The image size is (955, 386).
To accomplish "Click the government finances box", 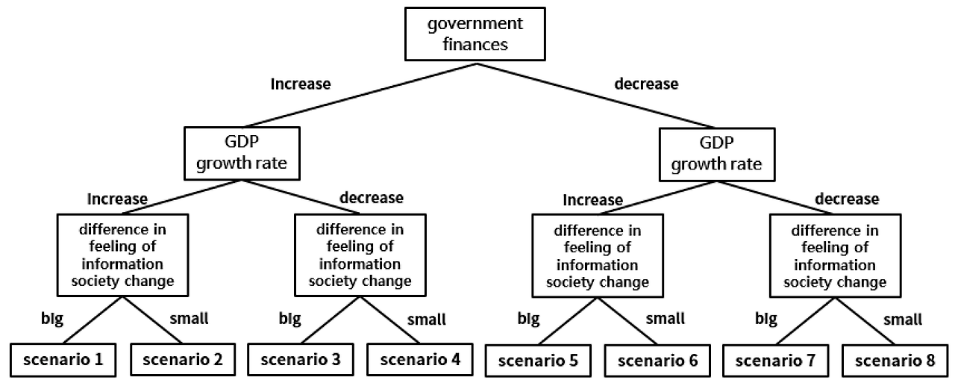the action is [x=475, y=34].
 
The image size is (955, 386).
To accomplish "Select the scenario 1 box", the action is [x=63, y=360].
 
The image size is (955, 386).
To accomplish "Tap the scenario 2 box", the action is [x=183, y=360].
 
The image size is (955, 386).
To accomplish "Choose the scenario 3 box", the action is [x=301, y=360].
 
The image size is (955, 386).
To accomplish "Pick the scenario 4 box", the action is [x=420, y=360].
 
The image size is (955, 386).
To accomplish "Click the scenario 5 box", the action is [x=538, y=361].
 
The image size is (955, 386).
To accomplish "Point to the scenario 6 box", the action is [x=657, y=361].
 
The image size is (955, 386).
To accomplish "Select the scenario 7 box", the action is [x=775, y=361].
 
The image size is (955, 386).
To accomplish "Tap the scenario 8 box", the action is [x=895, y=361].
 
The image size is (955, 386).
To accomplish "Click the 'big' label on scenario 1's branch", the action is [x=52, y=319].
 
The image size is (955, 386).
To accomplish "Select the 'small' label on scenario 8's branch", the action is [x=903, y=320].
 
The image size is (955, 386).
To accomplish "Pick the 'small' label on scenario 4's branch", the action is [x=426, y=320].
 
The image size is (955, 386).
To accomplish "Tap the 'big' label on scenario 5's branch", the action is [x=529, y=319].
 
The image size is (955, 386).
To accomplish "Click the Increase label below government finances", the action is [x=301, y=84].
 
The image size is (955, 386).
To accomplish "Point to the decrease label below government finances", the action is [x=646, y=84].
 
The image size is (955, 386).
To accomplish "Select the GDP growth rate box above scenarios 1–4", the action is [x=242, y=153].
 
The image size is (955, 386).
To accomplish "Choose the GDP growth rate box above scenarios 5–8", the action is [x=717, y=155].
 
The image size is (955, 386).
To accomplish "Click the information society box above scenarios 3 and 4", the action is [x=360, y=255].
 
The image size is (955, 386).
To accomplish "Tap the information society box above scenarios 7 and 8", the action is [x=835, y=256].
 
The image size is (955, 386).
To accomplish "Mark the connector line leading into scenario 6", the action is [x=627, y=321].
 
